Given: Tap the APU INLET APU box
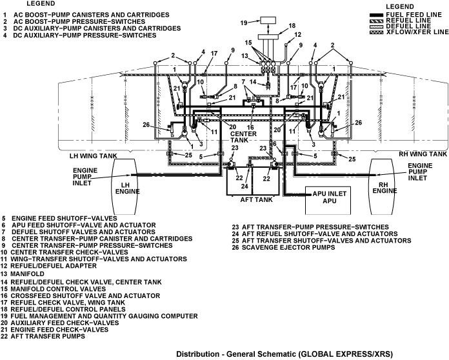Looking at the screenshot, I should click(x=325, y=195).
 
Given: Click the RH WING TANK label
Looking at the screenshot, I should click(x=423, y=155).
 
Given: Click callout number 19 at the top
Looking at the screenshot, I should click(x=243, y=23).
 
